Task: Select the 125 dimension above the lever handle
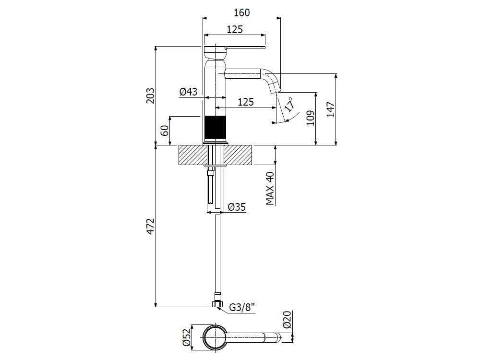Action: [234, 29]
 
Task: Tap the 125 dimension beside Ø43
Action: [246, 102]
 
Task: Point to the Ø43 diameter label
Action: [188, 92]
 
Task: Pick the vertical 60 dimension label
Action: [165, 130]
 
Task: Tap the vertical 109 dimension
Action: [310, 118]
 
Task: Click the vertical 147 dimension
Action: [330, 109]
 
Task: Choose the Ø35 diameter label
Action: [237, 207]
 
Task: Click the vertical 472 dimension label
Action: [150, 227]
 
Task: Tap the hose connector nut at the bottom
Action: [216, 304]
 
